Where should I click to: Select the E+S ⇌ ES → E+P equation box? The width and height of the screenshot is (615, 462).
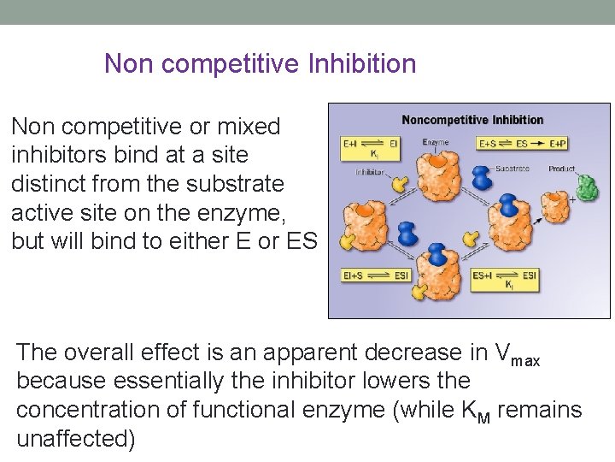(523, 144)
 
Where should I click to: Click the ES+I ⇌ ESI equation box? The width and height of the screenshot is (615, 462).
(505, 278)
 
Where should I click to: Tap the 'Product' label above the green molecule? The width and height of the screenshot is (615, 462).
(562, 169)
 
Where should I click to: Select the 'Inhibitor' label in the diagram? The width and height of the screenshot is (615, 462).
(370, 172)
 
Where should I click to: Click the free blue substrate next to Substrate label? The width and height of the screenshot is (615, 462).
(482, 175)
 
